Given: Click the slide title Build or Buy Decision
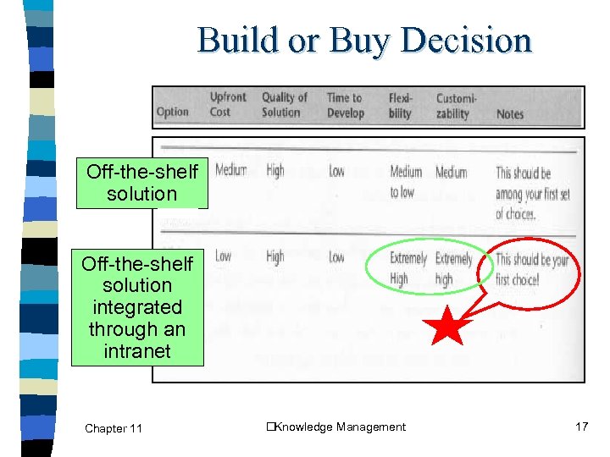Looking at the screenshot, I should (x=364, y=40).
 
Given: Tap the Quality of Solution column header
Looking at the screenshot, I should (x=284, y=105).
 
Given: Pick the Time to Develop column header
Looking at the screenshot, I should (x=346, y=105).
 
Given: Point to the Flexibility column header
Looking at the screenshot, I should (x=401, y=105).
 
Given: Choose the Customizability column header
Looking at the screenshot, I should (x=456, y=105).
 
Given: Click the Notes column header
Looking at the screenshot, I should (x=510, y=113).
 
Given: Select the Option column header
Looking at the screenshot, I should (x=173, y=113).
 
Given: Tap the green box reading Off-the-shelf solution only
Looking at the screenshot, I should (x=141, y=183).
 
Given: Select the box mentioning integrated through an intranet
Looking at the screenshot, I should (x=136, y=307).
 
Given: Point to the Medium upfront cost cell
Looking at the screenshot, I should (x=230, y=171).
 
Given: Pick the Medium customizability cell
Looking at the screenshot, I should (x=451, y=172).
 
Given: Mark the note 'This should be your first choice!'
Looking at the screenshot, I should (x=531, y=269).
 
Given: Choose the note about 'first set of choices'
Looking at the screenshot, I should (x=532, y=193).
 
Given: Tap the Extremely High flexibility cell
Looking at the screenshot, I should (x=408, y=268).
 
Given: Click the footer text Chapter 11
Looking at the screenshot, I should (x=114, y=428).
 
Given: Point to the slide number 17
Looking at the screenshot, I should (x=581, y=427).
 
